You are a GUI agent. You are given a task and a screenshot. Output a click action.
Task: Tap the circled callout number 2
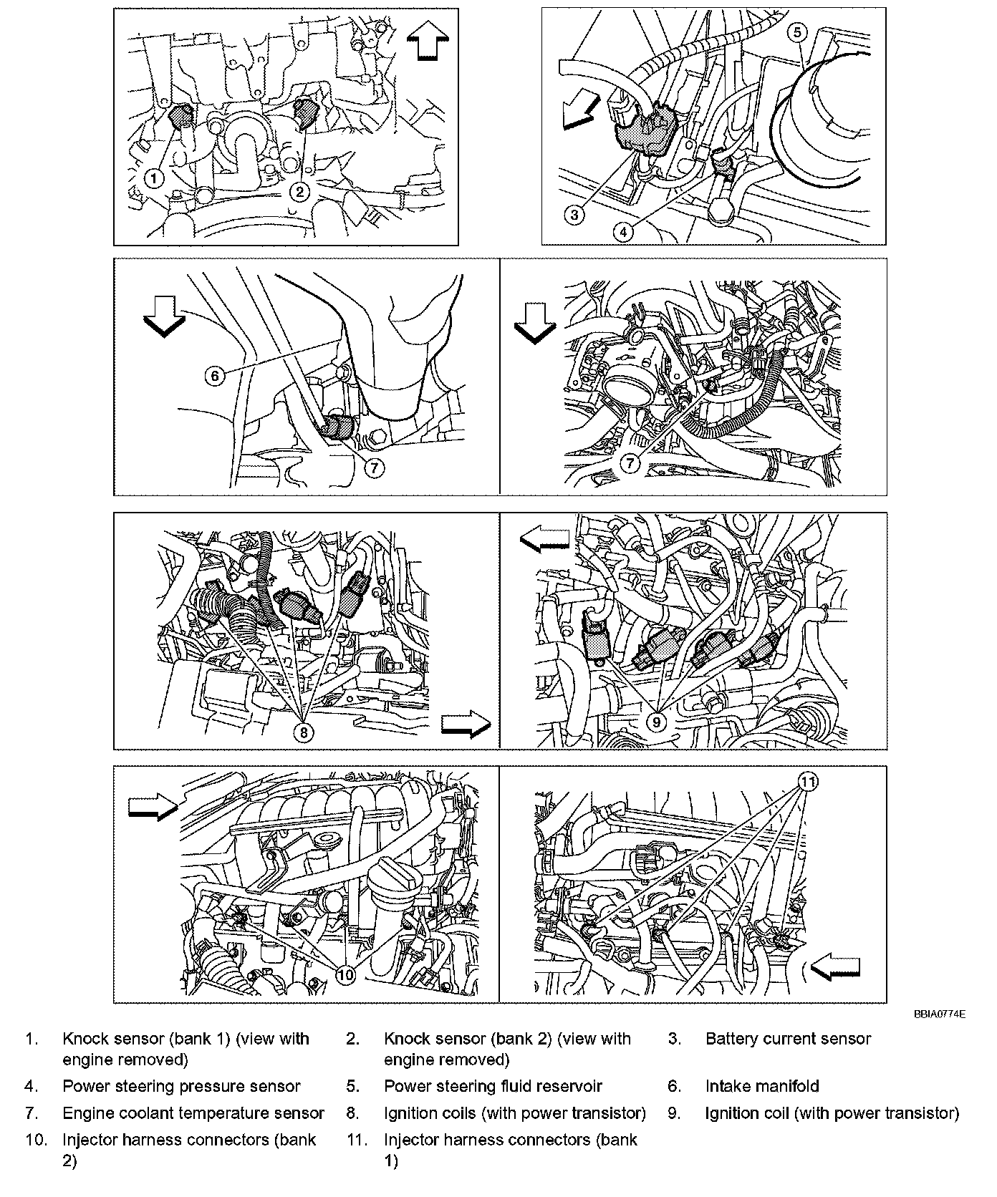[299, 190]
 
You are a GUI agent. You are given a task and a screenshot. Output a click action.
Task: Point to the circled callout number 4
[623, 231]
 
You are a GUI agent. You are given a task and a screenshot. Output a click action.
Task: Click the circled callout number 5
[799, 31]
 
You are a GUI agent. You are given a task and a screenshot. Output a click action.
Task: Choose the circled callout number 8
[304, 732]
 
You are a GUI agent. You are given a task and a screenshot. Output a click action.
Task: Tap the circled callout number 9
[655, 722]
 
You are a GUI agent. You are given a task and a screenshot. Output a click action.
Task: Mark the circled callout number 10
[345, 974]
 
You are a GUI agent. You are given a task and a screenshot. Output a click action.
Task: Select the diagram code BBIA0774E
[940, 1014]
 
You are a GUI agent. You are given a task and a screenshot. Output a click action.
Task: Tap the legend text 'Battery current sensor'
[788, 1039]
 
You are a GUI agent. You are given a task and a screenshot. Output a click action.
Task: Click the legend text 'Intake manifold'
[762, 1086]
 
